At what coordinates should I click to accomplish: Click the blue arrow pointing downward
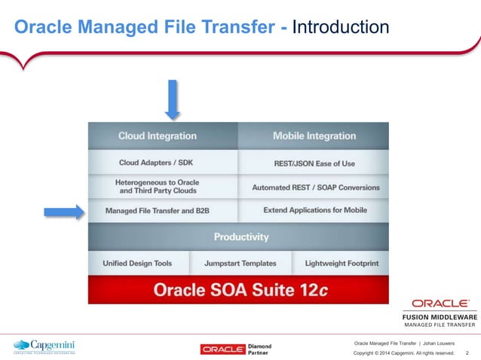(173, 99)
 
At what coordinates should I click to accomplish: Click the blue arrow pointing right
(63, 212)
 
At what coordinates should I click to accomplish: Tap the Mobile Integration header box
(314, 136)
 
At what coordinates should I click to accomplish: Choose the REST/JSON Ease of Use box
(314, 163)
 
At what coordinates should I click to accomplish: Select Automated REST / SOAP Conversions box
(314, 187)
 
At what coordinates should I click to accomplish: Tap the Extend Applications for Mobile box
(314, 210)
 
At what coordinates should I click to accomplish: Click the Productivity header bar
(240, 237)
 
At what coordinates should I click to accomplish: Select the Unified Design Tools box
(137, 264)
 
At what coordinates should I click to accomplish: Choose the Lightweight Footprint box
(341, 264)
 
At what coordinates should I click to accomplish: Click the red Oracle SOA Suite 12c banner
(239, 289)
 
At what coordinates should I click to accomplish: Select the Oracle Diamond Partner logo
(236, 349)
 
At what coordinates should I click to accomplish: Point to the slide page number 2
(467, 352)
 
